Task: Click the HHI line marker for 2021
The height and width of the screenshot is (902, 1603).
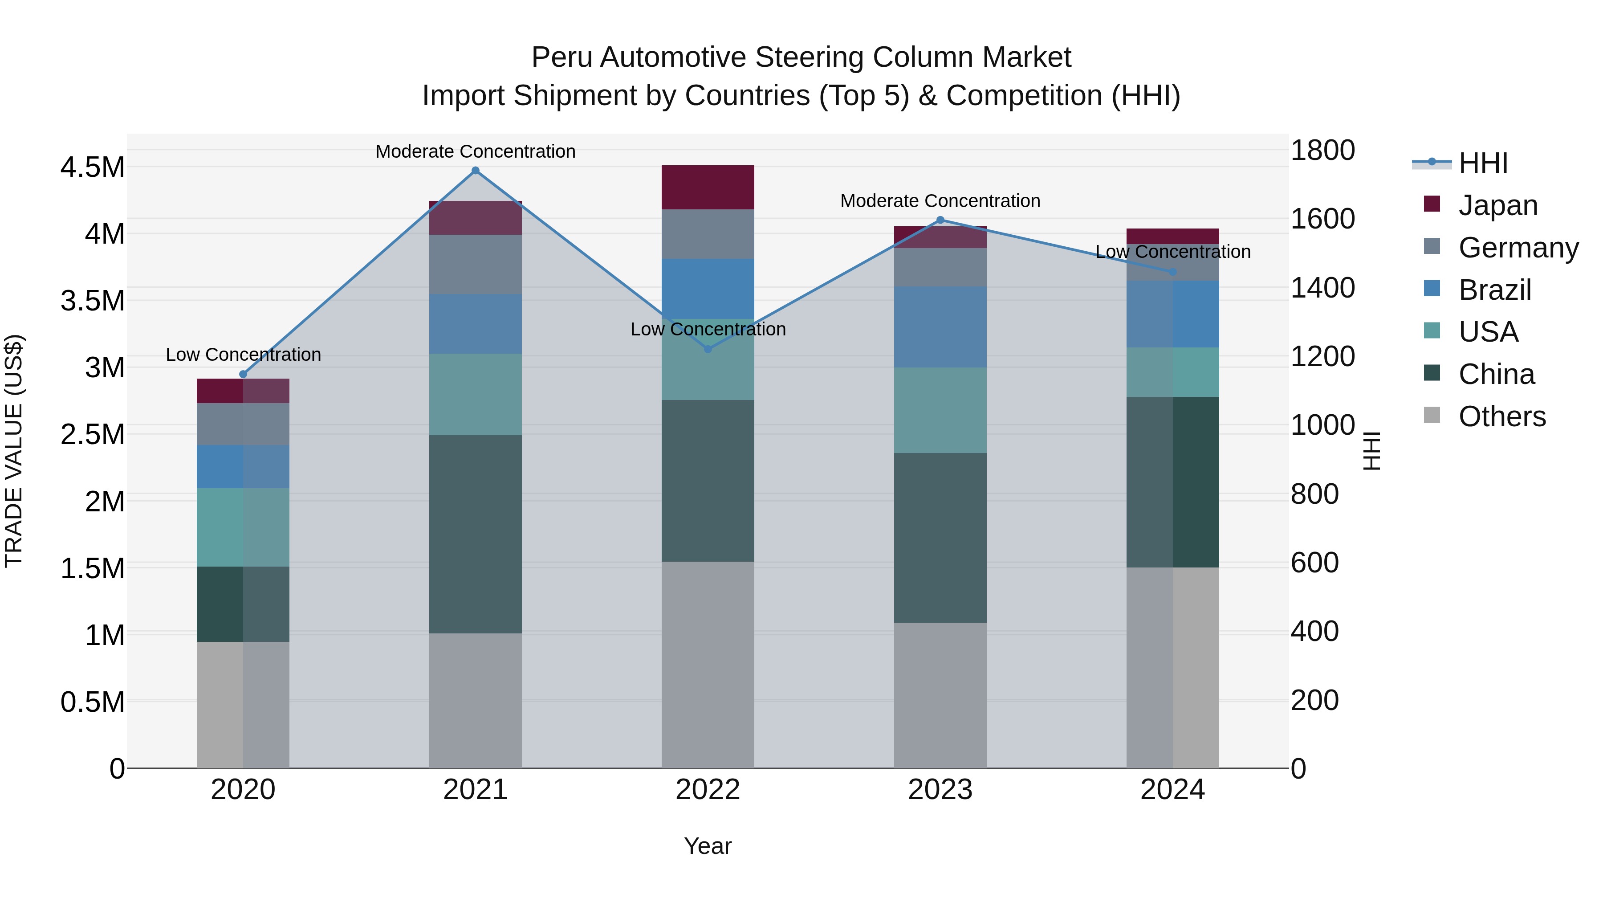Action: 476,171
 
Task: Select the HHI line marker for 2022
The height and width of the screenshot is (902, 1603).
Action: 708,349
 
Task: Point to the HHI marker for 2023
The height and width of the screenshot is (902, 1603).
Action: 940,220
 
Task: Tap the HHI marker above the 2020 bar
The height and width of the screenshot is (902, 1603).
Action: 243,374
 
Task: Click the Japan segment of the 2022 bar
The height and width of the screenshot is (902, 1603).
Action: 708,188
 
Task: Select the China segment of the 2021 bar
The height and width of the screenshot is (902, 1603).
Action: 476,534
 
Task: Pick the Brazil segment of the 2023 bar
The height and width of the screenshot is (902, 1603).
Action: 940,327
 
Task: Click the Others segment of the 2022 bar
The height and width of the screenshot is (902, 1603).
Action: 708,665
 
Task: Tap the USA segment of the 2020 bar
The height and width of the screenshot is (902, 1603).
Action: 243,527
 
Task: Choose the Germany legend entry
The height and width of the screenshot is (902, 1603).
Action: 1518,248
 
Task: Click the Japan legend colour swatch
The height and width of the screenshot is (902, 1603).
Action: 1432,204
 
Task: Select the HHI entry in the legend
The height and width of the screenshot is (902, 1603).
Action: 1483,163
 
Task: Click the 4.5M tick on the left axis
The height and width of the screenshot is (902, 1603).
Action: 93,167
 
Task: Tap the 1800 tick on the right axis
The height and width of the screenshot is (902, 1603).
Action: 1322,151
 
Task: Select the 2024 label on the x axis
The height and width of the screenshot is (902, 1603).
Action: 1172,790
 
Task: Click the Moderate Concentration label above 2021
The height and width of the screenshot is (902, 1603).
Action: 476,151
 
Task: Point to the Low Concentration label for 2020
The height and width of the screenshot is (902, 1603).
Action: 243,355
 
